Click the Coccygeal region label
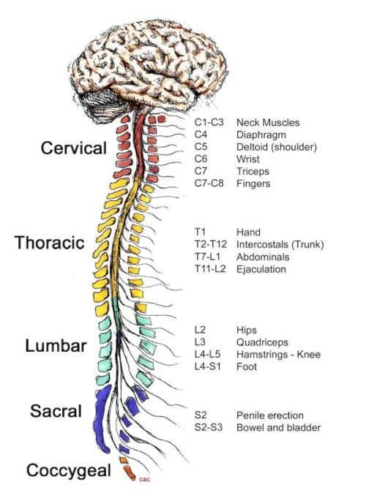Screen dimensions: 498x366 [x=62, y=469]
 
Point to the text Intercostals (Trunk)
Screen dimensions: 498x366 [x=280, y=244]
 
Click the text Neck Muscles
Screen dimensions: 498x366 [x=268, y=122]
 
